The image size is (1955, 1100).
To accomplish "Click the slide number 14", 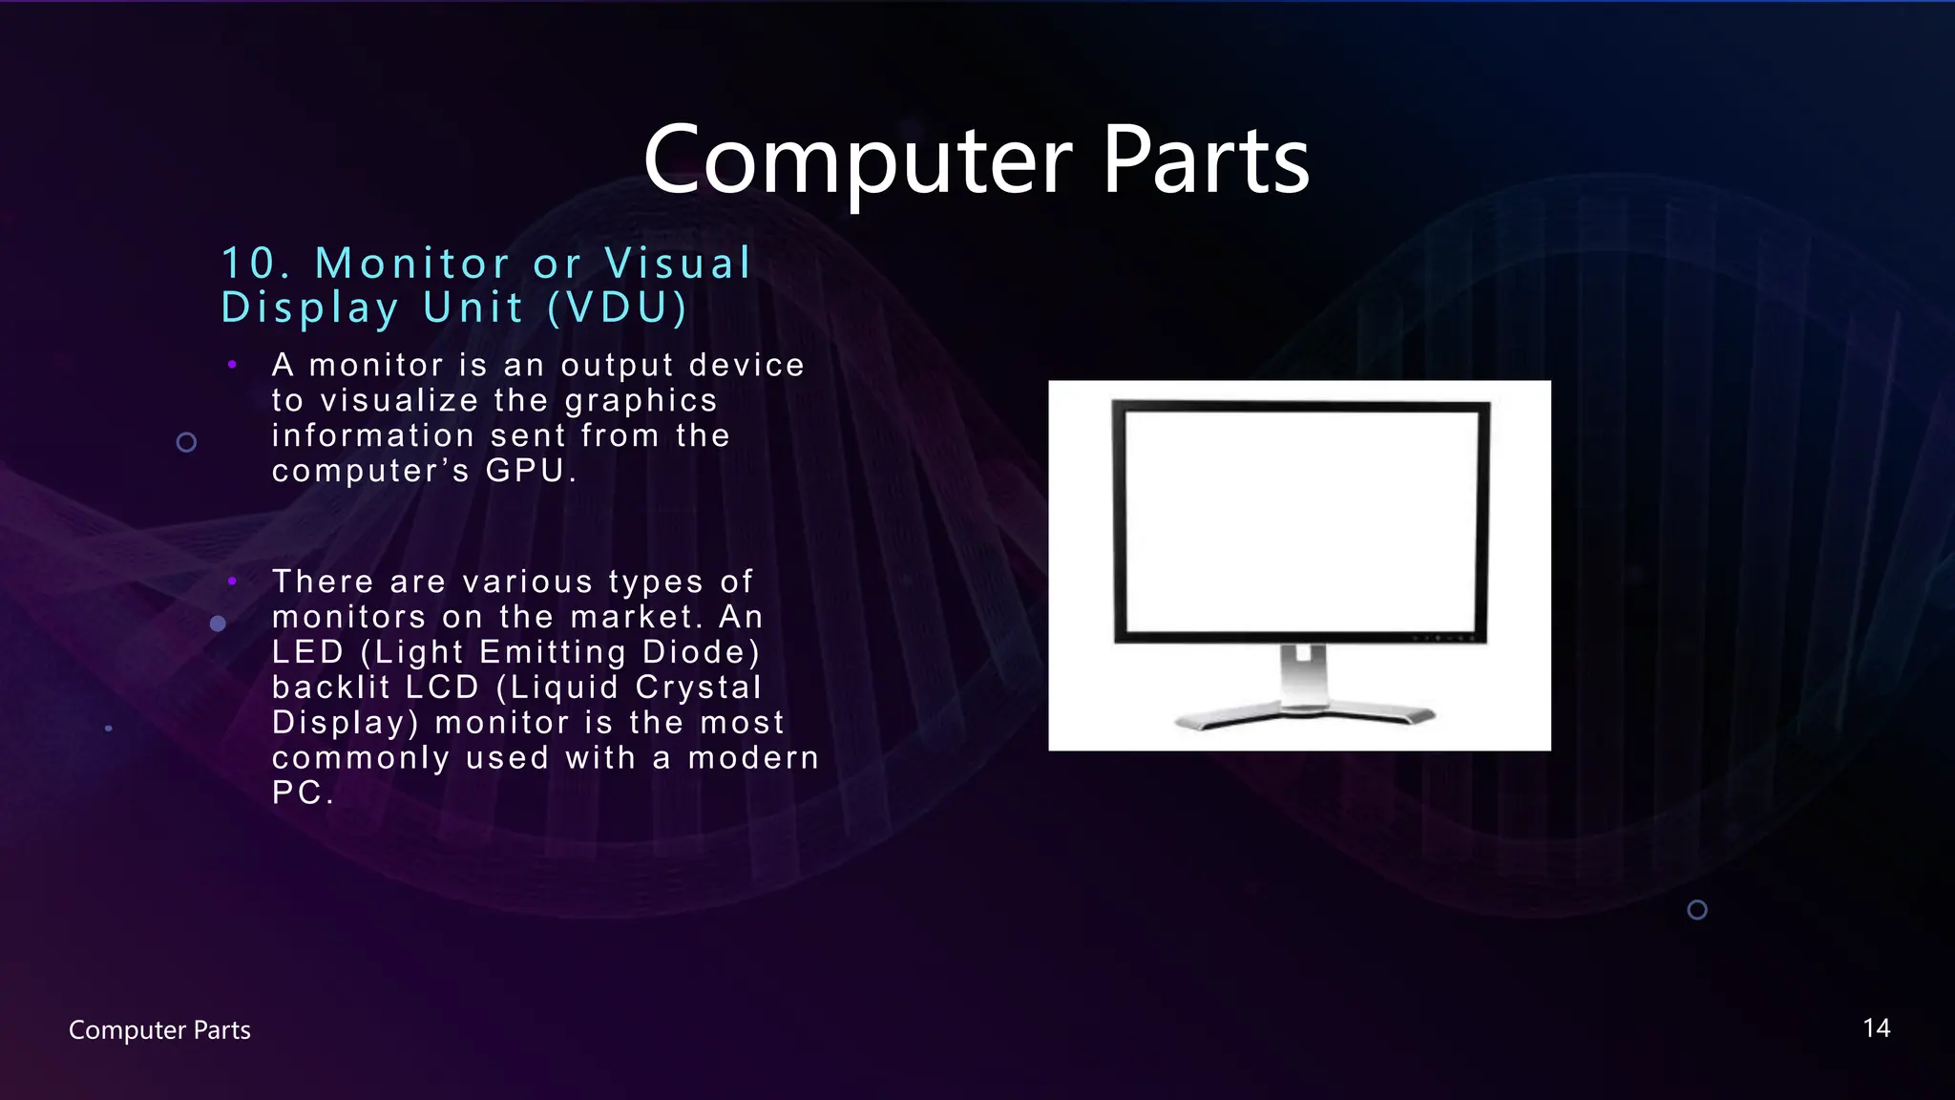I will point(1876,1028).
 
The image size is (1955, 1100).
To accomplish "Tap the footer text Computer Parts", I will point(159,1030).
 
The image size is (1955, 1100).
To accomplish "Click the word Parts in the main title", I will point(1206,160).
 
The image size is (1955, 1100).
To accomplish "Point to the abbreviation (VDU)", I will point(618,307).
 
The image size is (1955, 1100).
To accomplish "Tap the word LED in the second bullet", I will point(307,652).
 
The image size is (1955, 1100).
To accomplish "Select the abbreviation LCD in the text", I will point(443,687).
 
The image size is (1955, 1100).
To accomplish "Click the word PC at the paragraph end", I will point(297,793).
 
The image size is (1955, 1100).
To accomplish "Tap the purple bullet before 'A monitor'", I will point(232,364).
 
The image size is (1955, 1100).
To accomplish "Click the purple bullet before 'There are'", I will point(232,581).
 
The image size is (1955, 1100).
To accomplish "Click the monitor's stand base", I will point(1304,715).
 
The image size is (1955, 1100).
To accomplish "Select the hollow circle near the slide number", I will point(1697,910).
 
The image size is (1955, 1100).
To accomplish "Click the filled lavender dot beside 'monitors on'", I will point(218,624).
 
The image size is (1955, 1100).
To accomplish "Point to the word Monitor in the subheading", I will point(412,264).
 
